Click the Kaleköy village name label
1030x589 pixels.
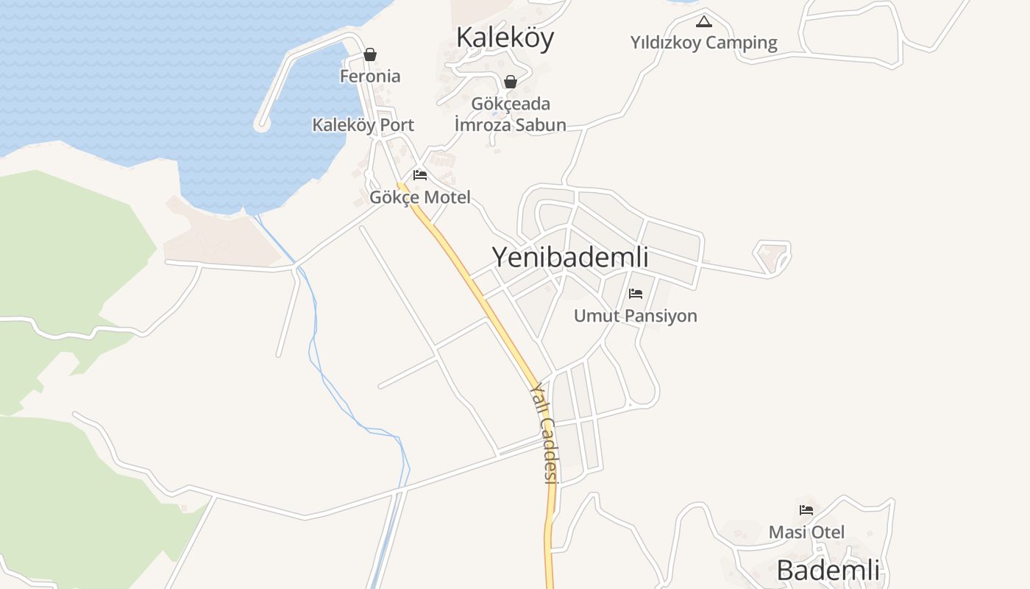(505, 38)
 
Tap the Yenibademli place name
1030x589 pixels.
(569, 257)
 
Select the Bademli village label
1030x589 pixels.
(828, 570)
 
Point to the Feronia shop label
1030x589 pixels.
(370, 76)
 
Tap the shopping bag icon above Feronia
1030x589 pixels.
(370, 54)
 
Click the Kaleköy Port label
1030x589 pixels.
(363, 124)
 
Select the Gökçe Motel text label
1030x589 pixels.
(419, 197)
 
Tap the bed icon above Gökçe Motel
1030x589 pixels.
(420, 175)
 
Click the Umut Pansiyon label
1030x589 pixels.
(635, 316)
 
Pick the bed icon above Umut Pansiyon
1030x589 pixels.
(636, 294)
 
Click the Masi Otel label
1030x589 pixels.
(806, 532)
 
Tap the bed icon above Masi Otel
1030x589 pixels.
(806, 509)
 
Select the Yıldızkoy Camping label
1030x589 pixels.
(703, 43)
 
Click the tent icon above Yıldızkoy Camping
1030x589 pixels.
(704, 21)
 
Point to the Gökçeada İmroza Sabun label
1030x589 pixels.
(511, 114)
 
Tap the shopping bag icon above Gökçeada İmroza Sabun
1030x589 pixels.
(510, 81)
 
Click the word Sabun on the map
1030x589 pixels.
(540, 124)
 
